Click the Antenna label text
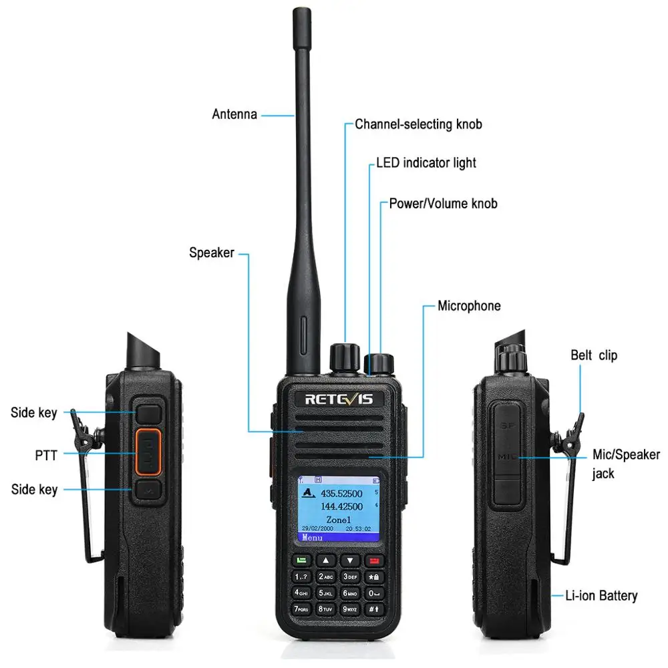coord(234,114)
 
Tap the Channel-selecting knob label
coord(418,124)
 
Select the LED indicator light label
coord(426,162)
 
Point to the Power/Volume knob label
coord(443,203)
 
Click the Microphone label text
coord(469,306)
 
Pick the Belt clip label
coord(594,355)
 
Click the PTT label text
coord(46,456)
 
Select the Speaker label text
coord(212,253)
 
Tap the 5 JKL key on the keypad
coord(326,592)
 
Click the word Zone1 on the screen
coord(338,519)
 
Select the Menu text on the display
coord(313,537)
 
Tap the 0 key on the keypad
coord(373,592)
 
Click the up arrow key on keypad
coord(325,560)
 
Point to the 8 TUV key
coord(326,609)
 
